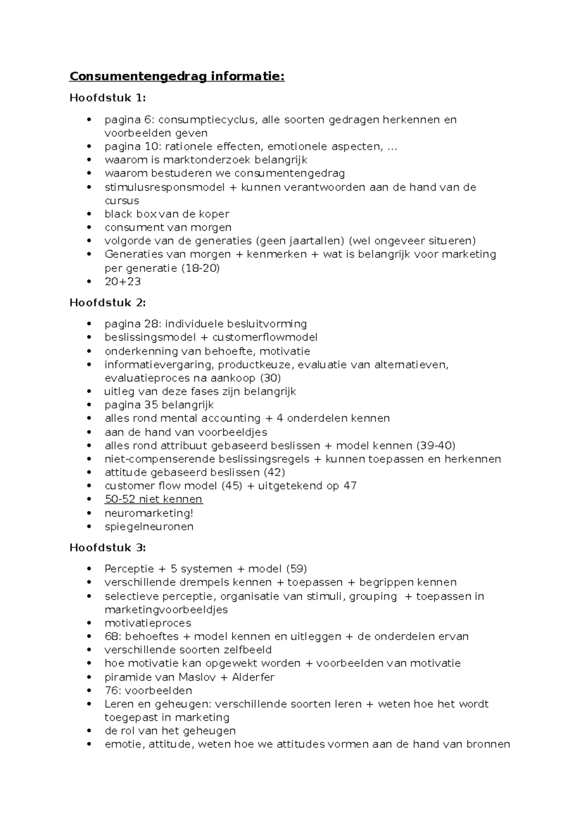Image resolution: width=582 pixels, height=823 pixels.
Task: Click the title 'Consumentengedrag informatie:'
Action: [x=177, y=77]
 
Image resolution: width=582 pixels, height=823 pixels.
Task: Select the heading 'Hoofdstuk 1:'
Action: [x=107, y=98]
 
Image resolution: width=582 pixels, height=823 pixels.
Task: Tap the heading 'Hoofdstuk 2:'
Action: [x=107, y=303]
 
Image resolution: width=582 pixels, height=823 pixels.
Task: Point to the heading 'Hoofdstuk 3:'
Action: [x=107, y=548]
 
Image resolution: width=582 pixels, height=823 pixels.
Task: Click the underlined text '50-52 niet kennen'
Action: [x=153, y=499]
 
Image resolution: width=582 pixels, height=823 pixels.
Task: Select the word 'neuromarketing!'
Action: [x=149, y=513]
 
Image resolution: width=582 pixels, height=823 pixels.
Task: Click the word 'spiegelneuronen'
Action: [x=149, y=527]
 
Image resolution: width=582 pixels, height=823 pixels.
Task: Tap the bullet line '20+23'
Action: [x=123, y=281]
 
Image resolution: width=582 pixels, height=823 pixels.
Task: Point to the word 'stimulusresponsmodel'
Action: [x=164, y=187]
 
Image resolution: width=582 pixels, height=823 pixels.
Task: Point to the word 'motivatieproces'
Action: [x=148, y=623]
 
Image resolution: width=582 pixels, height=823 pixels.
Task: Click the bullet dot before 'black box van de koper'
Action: [x=88, y=214]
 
